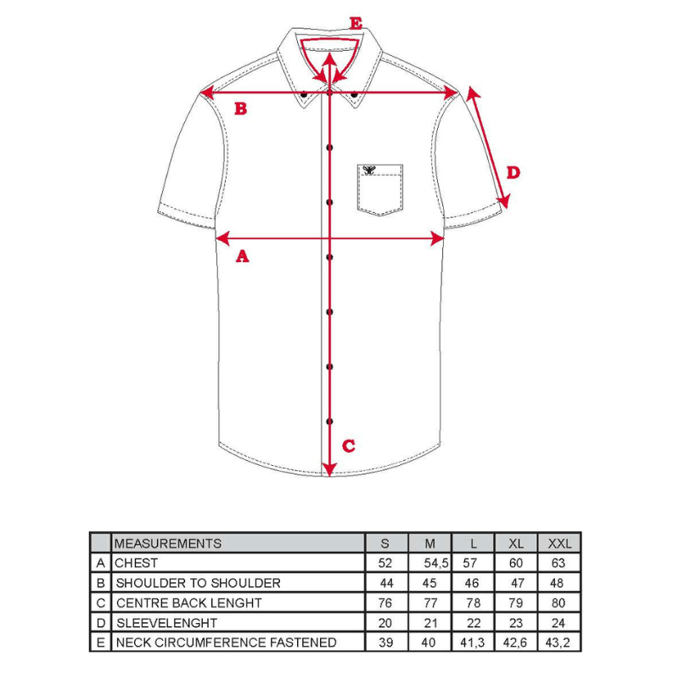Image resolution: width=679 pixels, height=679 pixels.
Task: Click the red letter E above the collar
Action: tap(356, 24)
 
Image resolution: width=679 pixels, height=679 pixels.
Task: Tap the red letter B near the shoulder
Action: tap(240, 109)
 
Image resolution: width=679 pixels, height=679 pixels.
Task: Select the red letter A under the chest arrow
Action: tap(242, 255)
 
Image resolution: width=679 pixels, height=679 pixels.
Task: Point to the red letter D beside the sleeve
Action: tap(513, 172)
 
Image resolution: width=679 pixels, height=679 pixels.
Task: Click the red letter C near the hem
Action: tap(348, 446)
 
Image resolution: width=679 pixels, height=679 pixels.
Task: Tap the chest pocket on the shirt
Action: tap(379, 190)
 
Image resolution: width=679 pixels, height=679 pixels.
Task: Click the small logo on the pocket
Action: tap(368, 169)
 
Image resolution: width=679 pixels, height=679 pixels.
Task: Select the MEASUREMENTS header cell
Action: tap(168, 543)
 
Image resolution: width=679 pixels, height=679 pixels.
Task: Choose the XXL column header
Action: tap(558, 543)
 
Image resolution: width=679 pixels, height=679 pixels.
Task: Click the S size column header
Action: tap(385, 543)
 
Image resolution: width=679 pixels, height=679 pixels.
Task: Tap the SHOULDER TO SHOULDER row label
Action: tap(198, 583)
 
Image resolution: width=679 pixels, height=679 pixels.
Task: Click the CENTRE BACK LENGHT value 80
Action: tap(558, 603)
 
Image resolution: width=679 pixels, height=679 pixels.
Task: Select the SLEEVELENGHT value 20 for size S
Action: tap(385, 623)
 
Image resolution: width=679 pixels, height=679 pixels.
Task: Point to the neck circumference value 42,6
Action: tap(515, 643)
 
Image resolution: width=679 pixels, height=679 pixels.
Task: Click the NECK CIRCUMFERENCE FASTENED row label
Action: tap(226, 643)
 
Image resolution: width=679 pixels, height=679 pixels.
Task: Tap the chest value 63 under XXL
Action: tap(558, 563)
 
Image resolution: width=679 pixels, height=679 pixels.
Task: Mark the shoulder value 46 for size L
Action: tap(472, 583)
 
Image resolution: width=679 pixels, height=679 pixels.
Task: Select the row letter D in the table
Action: tap(101, 623)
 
